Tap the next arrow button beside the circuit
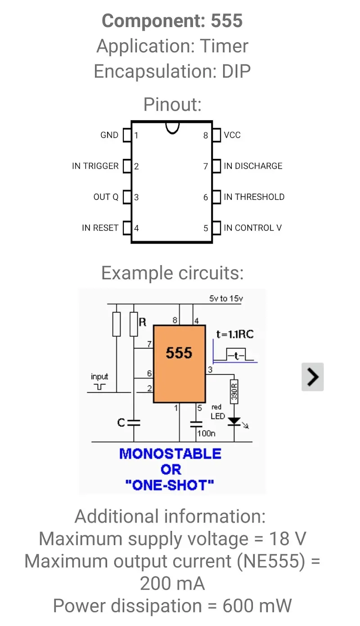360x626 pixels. click(312, 377)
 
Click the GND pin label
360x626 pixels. click(109, 135)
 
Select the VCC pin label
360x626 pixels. click(232, 135)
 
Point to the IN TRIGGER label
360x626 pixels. click(95, 166)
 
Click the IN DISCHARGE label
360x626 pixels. click(253, 166)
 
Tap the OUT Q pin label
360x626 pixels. click(106, 197)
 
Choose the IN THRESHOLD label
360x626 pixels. click(254, 197)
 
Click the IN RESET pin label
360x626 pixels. click(100, 228)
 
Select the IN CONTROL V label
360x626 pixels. click(252, 228)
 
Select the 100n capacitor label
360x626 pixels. click(207, 433)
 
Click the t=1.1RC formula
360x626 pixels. click(235, 335)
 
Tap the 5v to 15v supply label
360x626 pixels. click(226, 299)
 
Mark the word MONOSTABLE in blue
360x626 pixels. click(170, 454)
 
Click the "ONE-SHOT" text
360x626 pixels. click(170, 485)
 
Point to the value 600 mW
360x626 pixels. click(257, 606)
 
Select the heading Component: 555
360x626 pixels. click(172, 21)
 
